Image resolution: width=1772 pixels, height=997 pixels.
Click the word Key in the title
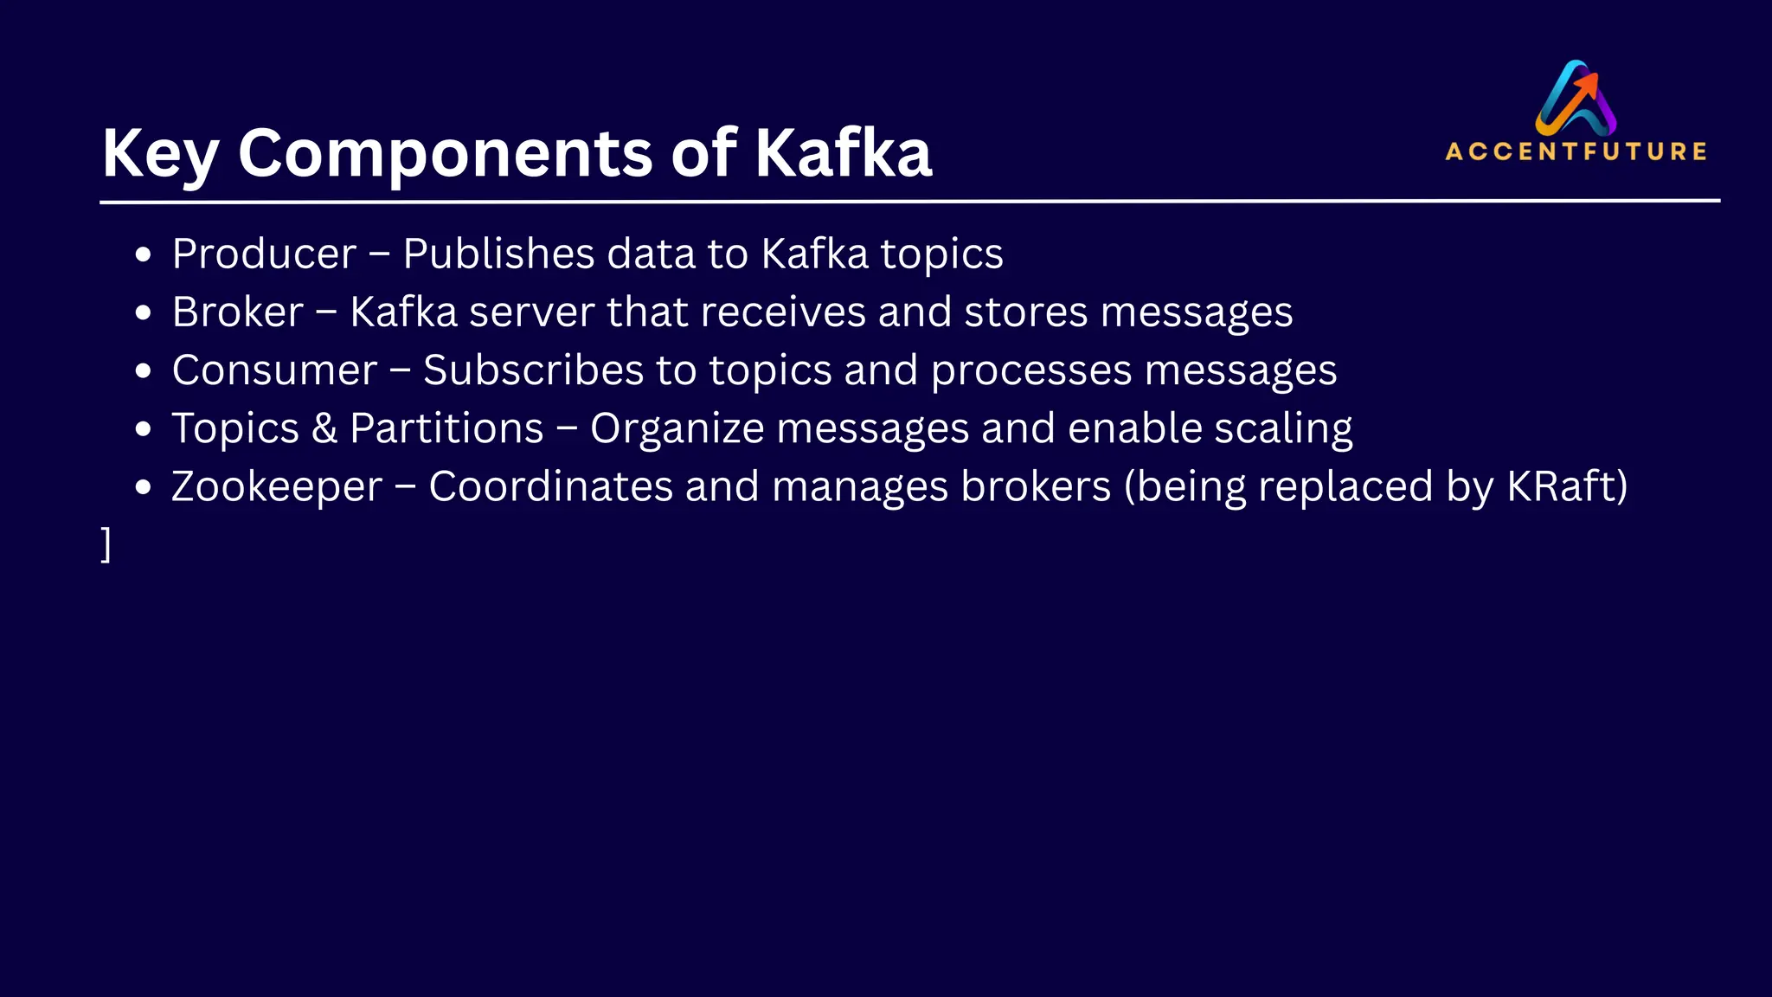coord(160,154)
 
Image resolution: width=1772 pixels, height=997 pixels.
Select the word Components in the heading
coord(445,154)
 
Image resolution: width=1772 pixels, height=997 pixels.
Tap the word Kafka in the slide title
coord(843,154)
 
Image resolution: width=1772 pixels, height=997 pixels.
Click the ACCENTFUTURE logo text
coord(1576,151)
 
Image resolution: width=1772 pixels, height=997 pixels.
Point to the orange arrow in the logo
coord(1585,87)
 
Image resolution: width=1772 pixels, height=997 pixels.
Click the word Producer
coord(264,254)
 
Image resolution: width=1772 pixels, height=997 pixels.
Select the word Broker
coord(238,312)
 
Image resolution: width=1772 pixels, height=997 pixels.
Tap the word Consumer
coord(274,370)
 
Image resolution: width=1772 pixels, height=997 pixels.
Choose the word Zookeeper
coord(277,486)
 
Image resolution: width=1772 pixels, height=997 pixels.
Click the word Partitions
coord(446,428)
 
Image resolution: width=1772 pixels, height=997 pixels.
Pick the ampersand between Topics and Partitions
coord(324,428)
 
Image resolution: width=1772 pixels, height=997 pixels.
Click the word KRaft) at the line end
coord(1567,486)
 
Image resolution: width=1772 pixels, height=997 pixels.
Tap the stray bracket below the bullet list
coord(106,544)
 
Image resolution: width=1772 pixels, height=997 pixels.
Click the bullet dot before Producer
coord(144,255)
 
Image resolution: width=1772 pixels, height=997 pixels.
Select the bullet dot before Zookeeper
coord(144,487)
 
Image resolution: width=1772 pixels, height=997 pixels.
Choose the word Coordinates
coord(550,486)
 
